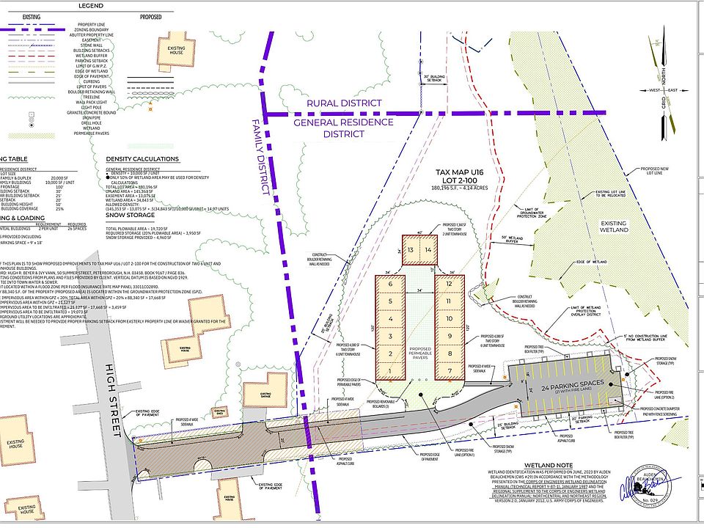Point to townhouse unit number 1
click(392, 371)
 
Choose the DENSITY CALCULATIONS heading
click(142, 159)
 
